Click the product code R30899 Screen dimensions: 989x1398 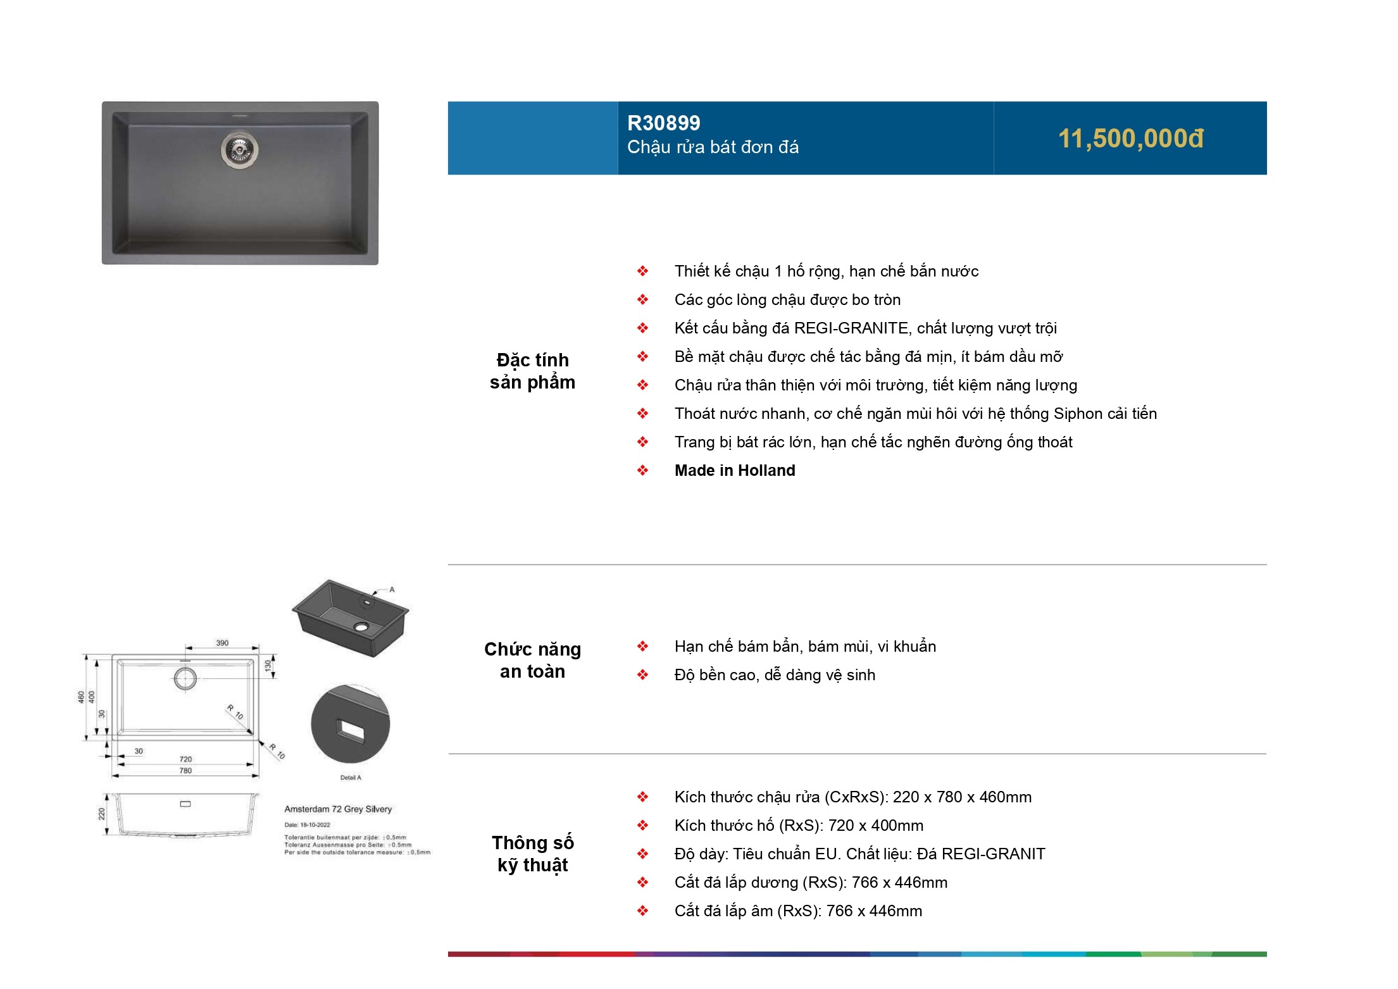tap(663, 123)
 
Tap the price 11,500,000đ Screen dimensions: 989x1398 tap(1130, 139)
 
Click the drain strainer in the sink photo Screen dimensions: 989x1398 tap(239, 149)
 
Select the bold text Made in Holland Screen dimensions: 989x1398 tap(734, 471)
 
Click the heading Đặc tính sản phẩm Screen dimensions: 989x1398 tap(532, 371)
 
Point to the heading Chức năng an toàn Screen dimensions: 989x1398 tap(532, 660)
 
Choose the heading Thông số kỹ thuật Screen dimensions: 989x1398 tap(532, 854)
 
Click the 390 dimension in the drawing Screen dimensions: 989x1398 tap(222, 643)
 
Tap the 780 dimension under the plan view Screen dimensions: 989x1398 tap(185, 771)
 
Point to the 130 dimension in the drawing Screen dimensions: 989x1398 tap(268, 666)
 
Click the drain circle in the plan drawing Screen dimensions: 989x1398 tap(185, 679)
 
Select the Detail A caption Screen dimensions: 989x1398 tap(351, 778)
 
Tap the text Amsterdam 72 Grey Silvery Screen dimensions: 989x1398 tap(338, 809)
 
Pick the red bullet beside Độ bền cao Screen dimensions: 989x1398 tap(642, 675)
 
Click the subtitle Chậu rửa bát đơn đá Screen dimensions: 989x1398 tap(713, 147)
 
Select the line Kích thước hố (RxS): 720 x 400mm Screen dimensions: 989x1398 tap(799, 826)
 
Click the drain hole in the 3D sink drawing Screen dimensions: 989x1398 tap(361, 627)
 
